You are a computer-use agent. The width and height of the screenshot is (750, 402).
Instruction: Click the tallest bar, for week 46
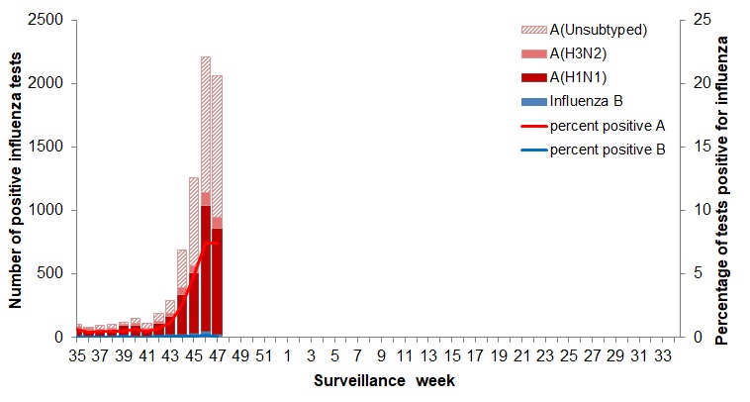point(206,198)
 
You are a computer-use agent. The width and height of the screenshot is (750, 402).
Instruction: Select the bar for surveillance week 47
point(217,208)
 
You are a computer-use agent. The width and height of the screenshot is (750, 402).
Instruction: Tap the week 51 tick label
point(263,354)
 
